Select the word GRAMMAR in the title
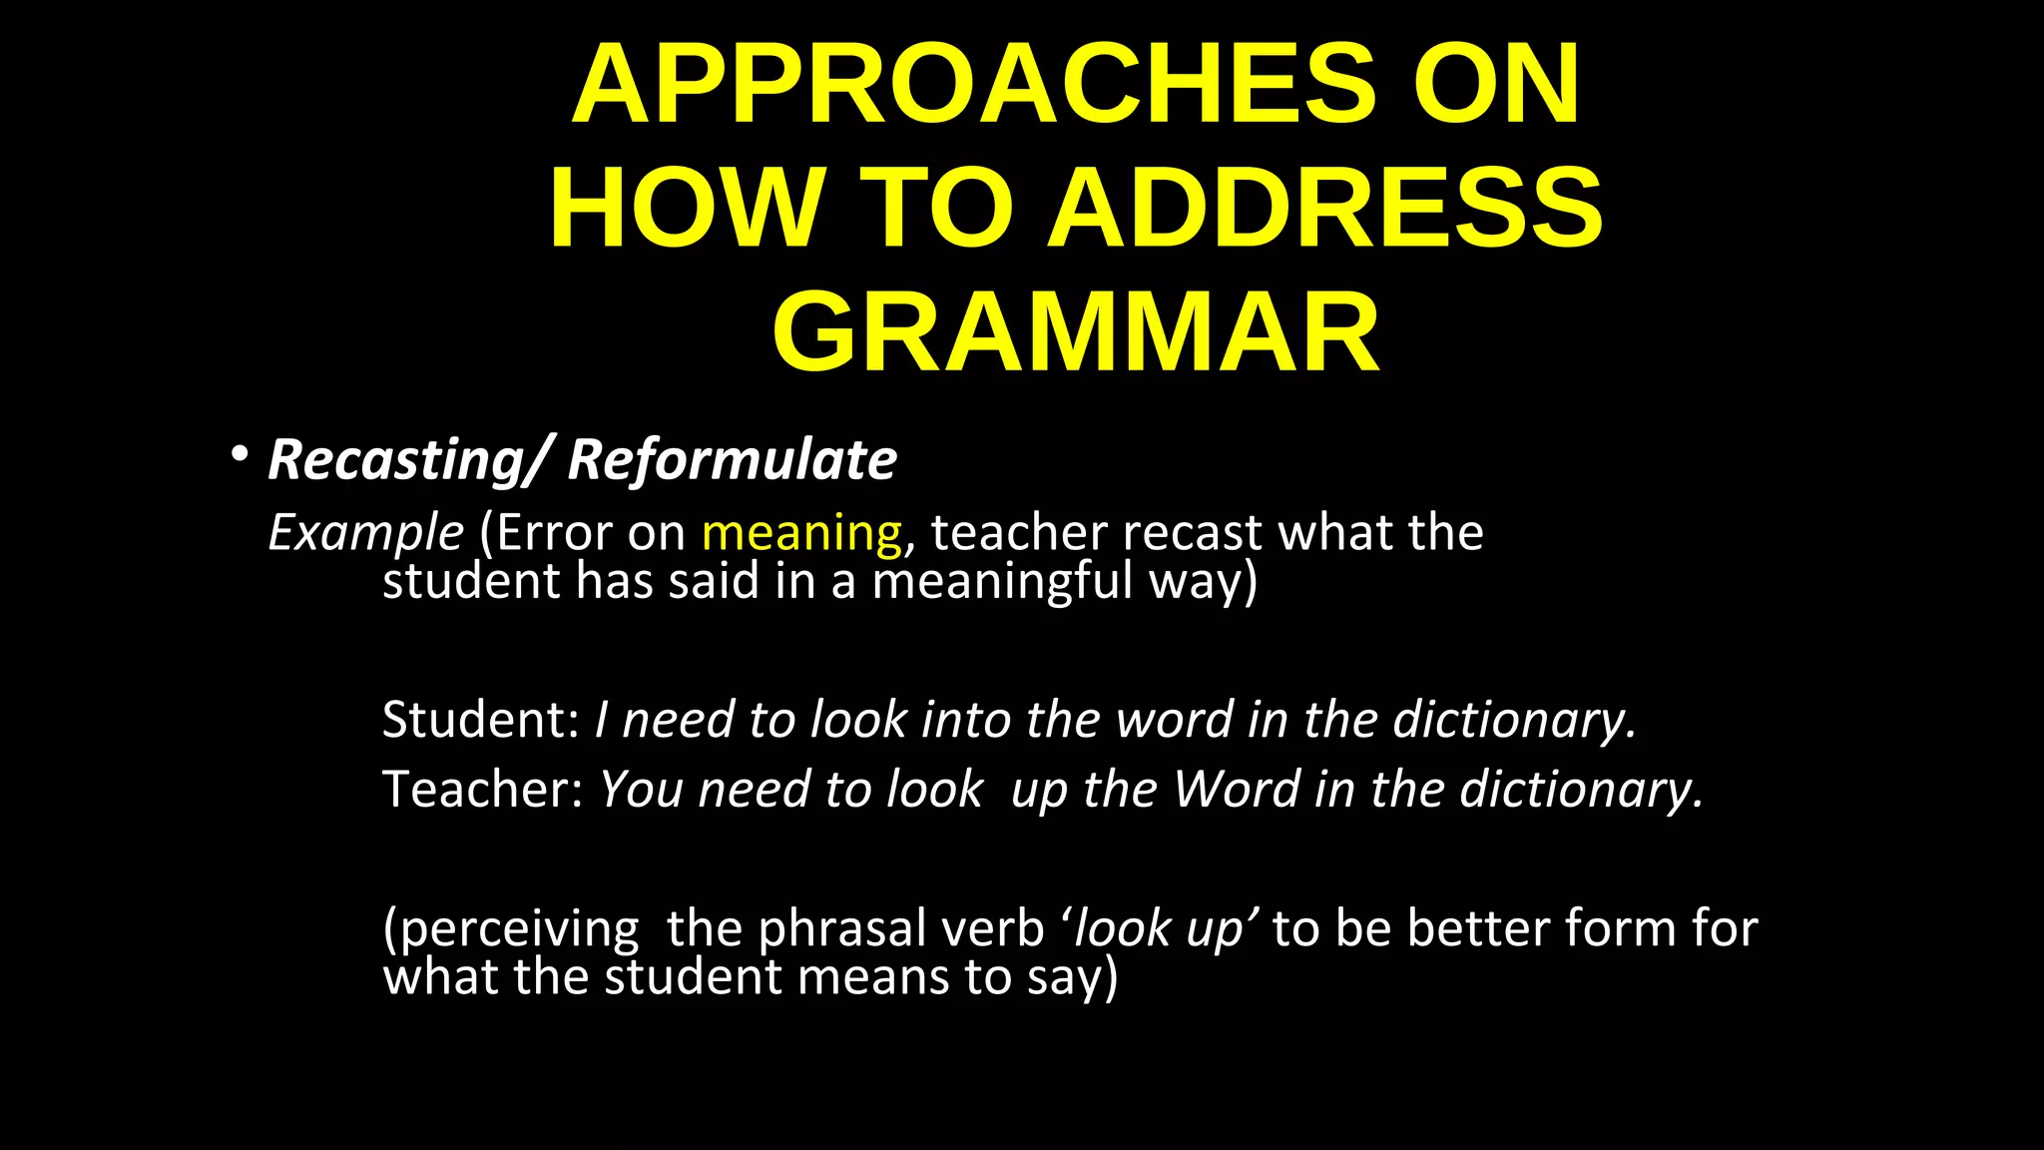pos(1076,331)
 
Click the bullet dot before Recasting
pos(238,455)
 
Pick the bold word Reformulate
pos(732,460)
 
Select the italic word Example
pos(365,533)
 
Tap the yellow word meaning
pos(801,533)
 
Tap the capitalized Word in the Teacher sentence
pos(1236,789)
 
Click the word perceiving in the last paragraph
pos(511,929)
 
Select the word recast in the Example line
pos(1192,533)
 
